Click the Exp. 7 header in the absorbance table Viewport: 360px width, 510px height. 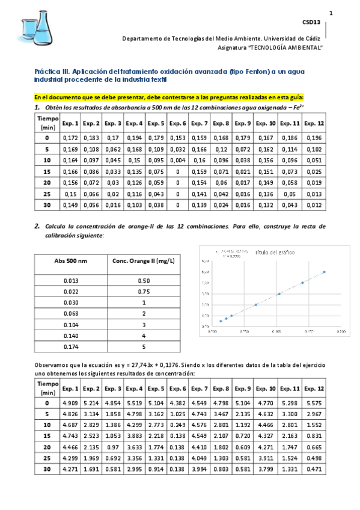[x=200, y=124]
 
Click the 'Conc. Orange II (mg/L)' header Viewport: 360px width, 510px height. [x=144, y=260]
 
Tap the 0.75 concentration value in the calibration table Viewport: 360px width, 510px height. [x=144, y=291]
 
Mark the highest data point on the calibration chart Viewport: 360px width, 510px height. [x=324, y=272]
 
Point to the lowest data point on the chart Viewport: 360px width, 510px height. [x=221, y=321]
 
